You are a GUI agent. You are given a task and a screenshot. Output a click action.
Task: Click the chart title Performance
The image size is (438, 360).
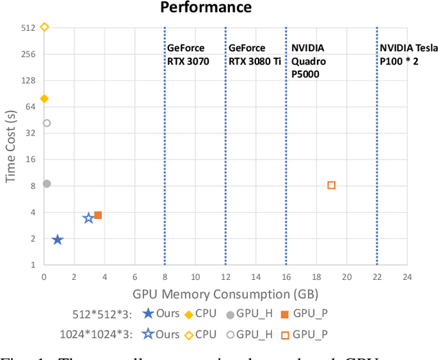[x=206, y=8]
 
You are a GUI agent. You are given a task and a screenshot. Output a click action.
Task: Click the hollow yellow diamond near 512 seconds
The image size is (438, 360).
[x=44, y=27]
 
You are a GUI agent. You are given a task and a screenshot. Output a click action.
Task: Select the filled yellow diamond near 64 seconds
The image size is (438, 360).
[x=44, y=99]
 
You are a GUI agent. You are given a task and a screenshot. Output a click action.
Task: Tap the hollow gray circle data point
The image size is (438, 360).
[x=47, y=123]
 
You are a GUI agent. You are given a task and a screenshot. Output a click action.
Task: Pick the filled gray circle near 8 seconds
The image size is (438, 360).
[x=47, y=183]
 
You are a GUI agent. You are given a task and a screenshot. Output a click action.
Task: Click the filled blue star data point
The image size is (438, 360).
[x=57, y=240]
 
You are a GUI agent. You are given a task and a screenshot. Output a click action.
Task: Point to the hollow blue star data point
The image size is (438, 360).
[x=88, y=218]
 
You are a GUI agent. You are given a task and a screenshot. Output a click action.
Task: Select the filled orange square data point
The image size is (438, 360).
[x=98, y=215]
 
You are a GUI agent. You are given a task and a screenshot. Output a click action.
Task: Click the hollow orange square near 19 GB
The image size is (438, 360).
[x=331, y=185]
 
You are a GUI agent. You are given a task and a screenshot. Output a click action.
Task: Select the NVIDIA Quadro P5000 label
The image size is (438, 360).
[x=308, y=61]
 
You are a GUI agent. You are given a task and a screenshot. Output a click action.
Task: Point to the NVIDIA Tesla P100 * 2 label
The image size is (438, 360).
[x=409, y=55]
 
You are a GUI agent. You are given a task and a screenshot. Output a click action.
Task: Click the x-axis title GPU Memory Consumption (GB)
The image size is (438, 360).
[x=225, y=295]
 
